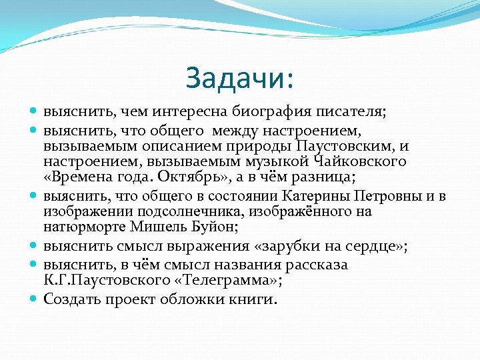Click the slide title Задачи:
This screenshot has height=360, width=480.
pos(239,77)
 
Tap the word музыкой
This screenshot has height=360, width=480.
pos(245,162)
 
